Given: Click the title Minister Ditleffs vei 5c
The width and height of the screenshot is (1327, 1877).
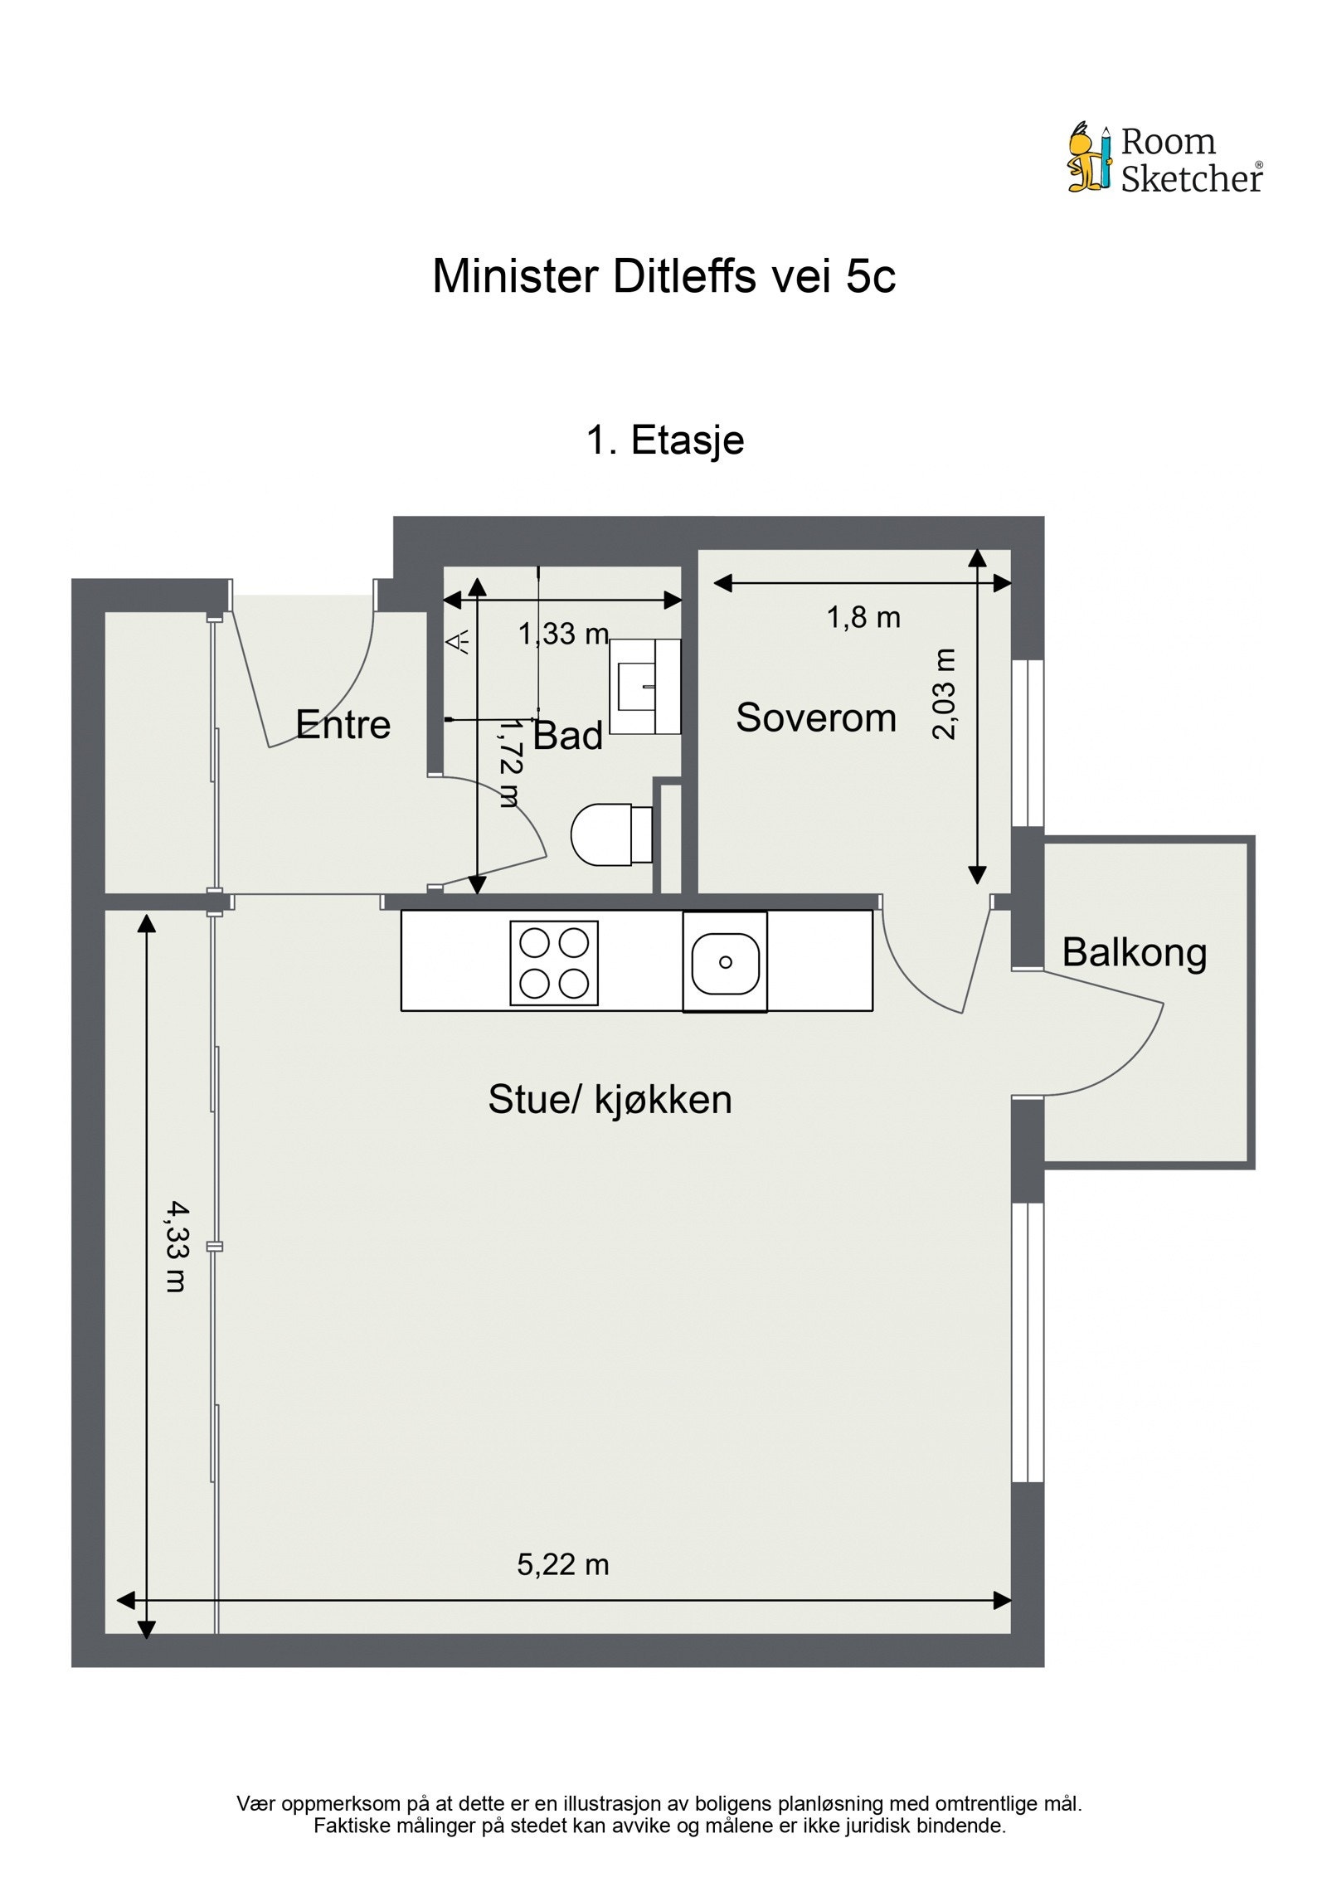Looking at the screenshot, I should click(x=663, y=276).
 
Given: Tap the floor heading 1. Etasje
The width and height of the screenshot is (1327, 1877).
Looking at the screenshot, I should click(x=664, y=440).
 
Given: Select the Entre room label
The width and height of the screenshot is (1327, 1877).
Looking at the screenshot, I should click(x=343, y=725).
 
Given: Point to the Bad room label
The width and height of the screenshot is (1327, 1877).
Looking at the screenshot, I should click(x=568, y=736).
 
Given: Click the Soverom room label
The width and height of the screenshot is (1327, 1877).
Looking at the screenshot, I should click(x=816, y=717).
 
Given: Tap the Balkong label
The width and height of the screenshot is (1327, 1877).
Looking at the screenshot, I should click(x=1134, y=952).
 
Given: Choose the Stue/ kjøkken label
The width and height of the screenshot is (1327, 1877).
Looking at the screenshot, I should click(x=610, y=1100).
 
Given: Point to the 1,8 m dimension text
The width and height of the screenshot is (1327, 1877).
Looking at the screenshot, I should click(x=863, y=618).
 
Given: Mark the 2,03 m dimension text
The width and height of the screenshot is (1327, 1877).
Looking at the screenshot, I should click(x=945, y=693).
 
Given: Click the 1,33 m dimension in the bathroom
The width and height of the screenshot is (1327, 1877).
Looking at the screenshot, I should click(x=563, y=635).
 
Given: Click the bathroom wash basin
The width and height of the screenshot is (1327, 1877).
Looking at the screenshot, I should click(x=645, y=686).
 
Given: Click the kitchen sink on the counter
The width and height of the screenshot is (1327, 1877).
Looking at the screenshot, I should click(x=725, y=962).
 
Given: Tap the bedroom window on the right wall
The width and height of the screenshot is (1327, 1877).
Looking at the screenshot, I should click(x=1028, y=742).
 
